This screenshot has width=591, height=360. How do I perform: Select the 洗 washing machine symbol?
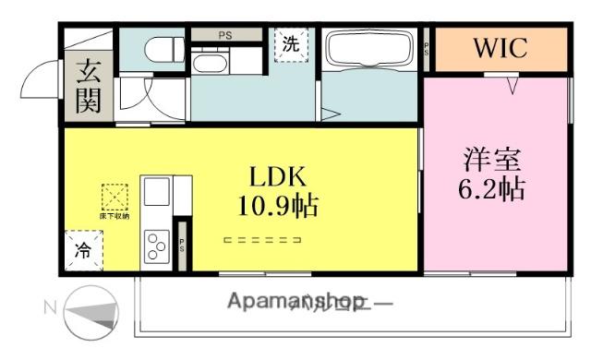pyautogui.click(x=290, y=43)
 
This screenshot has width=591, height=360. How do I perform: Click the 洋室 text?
pyautogui.click(x=491, y=158)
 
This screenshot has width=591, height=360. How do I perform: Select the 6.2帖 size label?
pyautogui.click(x=491, y=189)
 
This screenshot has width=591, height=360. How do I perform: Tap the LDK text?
pyautogui.click(x=275, y=175)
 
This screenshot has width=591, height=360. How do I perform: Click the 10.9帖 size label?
pyautogui.click(x=273, y=206)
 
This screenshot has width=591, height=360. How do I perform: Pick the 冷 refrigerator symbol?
pyautogui.click(x=83, y=249)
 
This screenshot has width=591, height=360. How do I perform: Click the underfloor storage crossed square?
pyautogui.click(x=116, y=198)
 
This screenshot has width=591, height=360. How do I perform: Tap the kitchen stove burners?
pyautogui.click(x=154, y=246)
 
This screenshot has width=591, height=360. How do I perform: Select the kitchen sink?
pyautogui.click(x=155, y=193)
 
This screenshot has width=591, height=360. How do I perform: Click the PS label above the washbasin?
pyautogui.click(x=224, y=35)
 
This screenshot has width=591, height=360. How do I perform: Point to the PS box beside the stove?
pyautogui.click(x=183, y=246)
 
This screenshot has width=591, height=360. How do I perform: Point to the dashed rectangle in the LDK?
pyautogui.click(x=264, y=241)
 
